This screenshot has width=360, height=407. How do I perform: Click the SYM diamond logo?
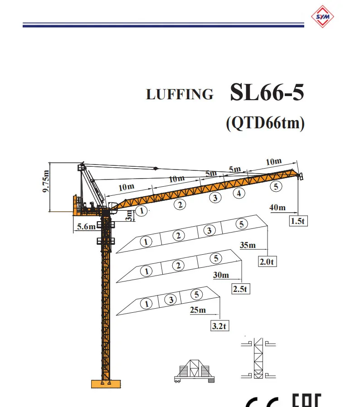pyautogui.click(x=322, y=16)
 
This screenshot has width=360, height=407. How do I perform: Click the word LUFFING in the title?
pyautogui.click(x=180, y=94)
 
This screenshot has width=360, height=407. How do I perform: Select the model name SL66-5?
pyautogui.click(x=267, y=92)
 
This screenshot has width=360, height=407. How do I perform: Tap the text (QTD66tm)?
pyautogui.click(x=265, y=123)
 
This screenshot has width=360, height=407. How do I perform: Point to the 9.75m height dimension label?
pyautogui.click(x=46, y=181)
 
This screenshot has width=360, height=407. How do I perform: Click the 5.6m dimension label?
pyautogui.click(x=86, y=227)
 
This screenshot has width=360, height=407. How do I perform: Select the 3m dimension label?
pyautogui.click(x=129, y=216)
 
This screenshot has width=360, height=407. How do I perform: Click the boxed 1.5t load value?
pyautogui.click(x=298, y=221)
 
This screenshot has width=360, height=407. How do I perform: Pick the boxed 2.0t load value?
pyautogui.click(x=267, y=262)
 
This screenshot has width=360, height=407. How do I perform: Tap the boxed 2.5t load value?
pyautogui.click(x=241, y=289)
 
